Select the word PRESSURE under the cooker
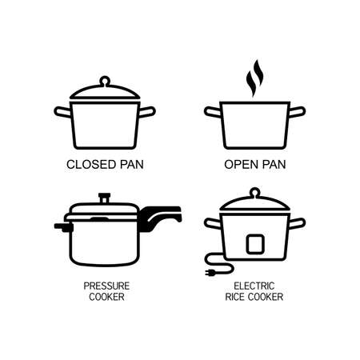click(106, 284)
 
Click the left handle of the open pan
click(212, 110)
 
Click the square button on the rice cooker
click(254, 242)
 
